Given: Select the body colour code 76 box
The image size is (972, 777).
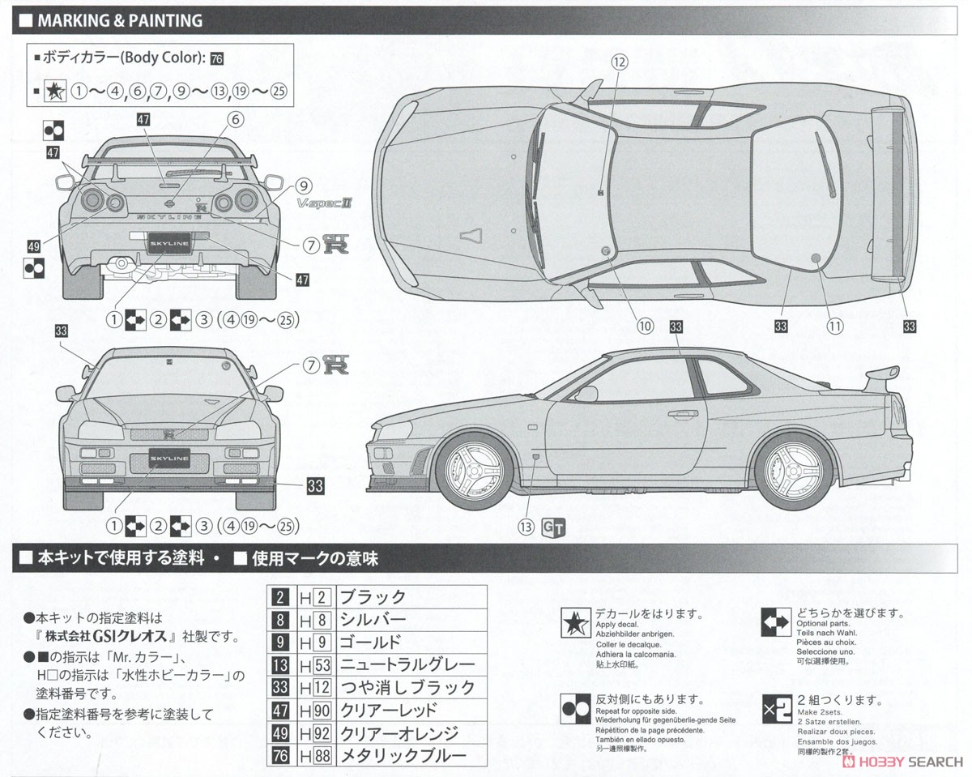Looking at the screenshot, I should coord(216,58).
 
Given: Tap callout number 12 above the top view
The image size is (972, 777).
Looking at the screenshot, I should coord(619,62).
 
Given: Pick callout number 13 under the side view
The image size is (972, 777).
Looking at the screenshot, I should coord(526,527).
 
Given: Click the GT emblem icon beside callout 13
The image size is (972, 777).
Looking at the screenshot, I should coord(554,527).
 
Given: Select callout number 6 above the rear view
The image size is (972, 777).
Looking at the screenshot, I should coord(235,120).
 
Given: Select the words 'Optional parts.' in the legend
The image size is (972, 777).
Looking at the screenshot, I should coord(824,624).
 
